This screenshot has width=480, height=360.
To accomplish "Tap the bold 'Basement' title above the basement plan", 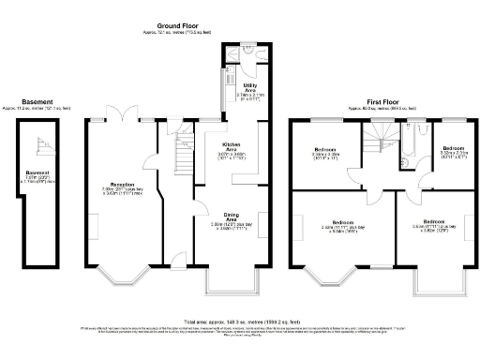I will pos(37,101).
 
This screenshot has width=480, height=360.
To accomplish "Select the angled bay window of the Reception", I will pos(119,275).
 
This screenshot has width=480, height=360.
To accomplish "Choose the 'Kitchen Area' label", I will pos(231,147).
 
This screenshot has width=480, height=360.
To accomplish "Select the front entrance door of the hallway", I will pos(175,266).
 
